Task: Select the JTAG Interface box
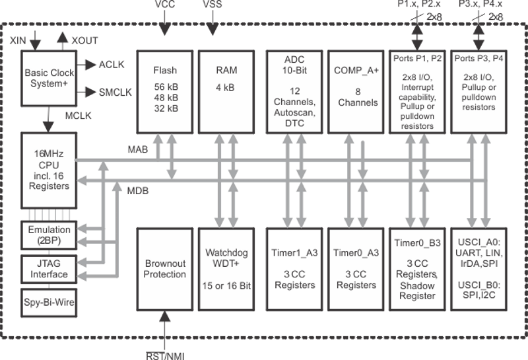pos(48,269)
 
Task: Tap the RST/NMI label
pos(164,355)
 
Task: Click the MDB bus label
pos(137,191)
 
